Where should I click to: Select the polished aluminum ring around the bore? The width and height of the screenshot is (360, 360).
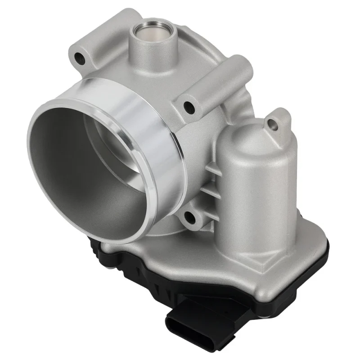pyautogui.click(x=148, y=135)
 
